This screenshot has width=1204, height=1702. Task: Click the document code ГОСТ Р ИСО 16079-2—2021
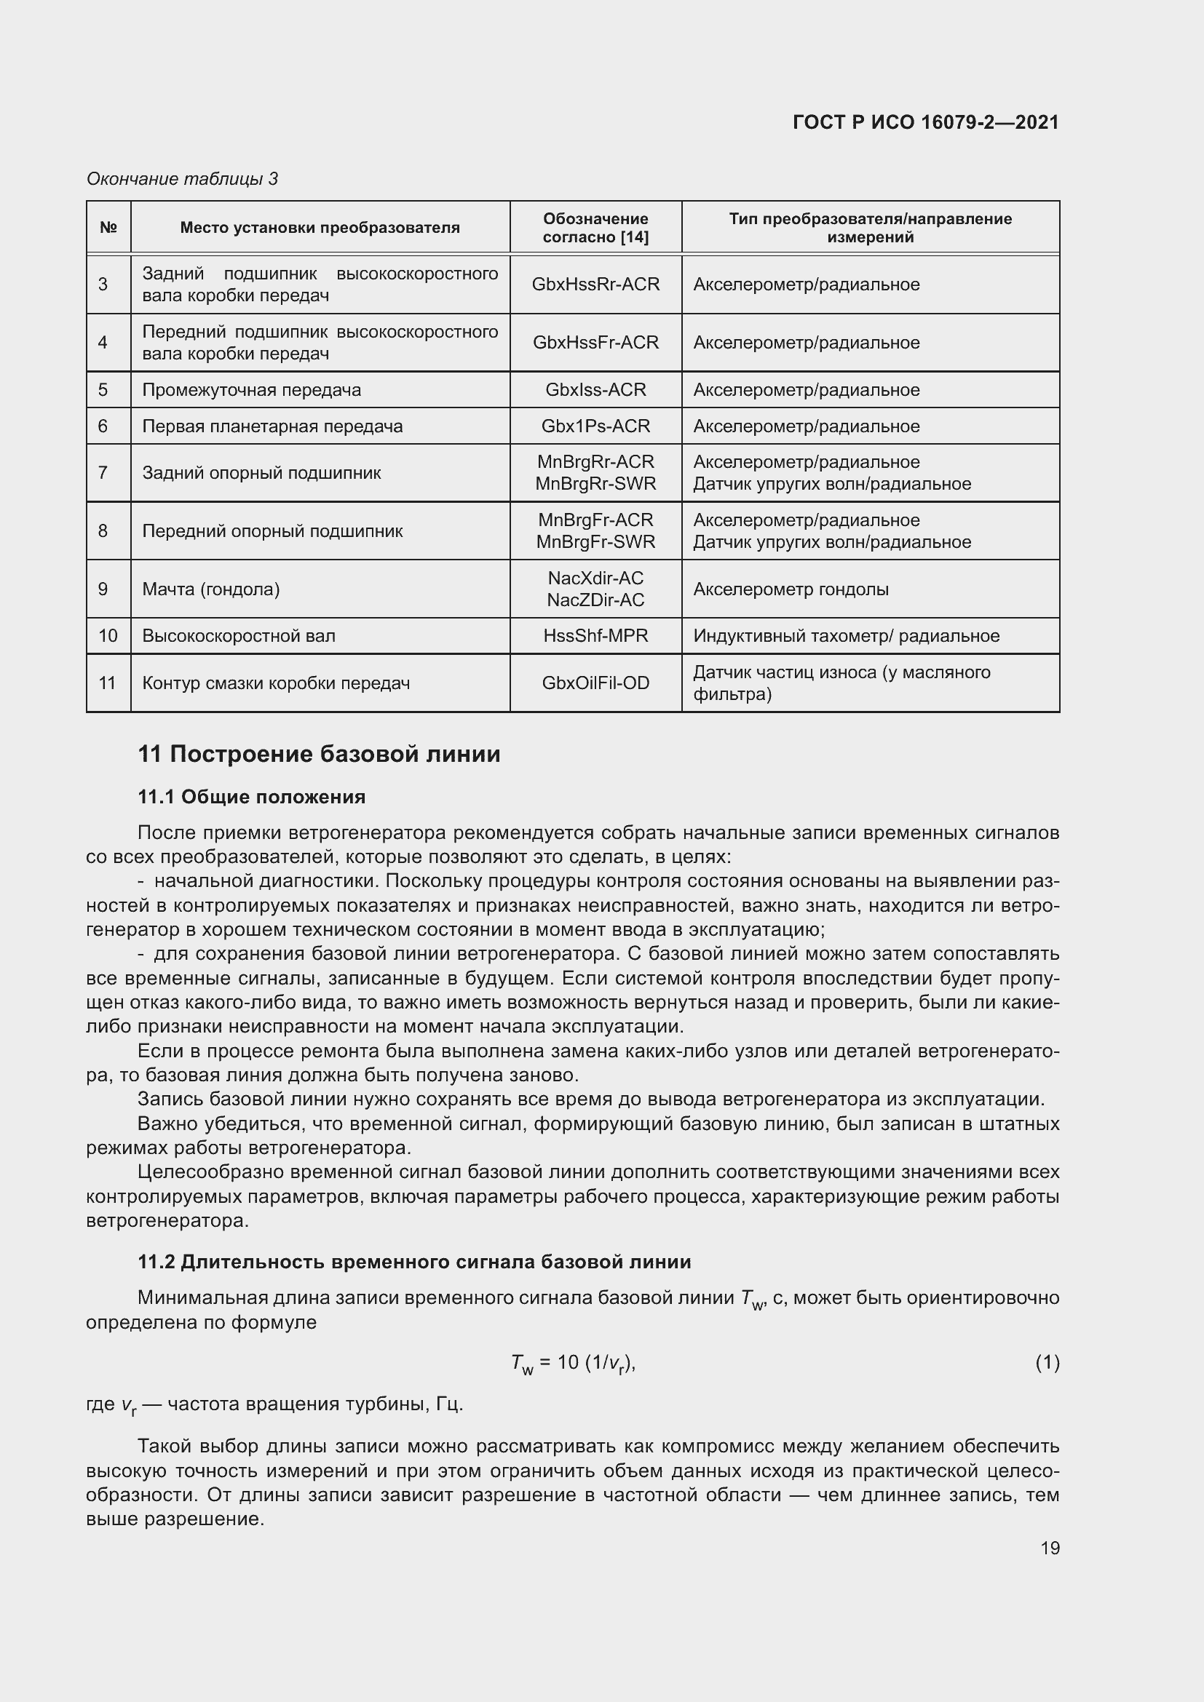pos(925,122)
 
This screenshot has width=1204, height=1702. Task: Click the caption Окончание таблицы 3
pos(182,179)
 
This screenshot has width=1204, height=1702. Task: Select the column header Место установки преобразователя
pos(320,228)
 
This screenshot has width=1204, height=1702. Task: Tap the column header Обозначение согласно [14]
pos(595,228)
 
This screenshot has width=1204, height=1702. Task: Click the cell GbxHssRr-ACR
pos(595,285)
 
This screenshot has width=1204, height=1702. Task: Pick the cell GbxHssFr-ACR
pos(595,343)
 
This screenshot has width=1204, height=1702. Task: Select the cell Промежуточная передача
pos(251,390)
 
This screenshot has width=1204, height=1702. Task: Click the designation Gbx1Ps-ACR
pos(595,426)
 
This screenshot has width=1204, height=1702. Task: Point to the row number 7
pos(103,473)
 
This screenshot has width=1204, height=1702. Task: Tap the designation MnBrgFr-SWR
pos(595,542)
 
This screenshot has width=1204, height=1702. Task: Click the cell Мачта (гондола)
pos(210,589)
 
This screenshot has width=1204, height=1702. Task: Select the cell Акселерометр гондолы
pos(791,589)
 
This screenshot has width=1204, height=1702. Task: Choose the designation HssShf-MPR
pos(595,636)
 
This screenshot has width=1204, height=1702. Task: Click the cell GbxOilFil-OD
pos(595,683)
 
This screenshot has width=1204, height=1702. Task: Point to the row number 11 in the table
pos(108,683)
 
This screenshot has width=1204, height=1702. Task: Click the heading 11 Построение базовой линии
pos(319,754)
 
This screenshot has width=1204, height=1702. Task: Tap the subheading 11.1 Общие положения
pos(251,797)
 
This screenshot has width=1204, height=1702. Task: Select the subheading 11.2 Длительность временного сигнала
pos(414,1261)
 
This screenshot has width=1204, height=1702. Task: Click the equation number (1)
pos(1047,1361)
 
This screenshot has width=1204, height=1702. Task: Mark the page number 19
pos(1050,1548)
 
